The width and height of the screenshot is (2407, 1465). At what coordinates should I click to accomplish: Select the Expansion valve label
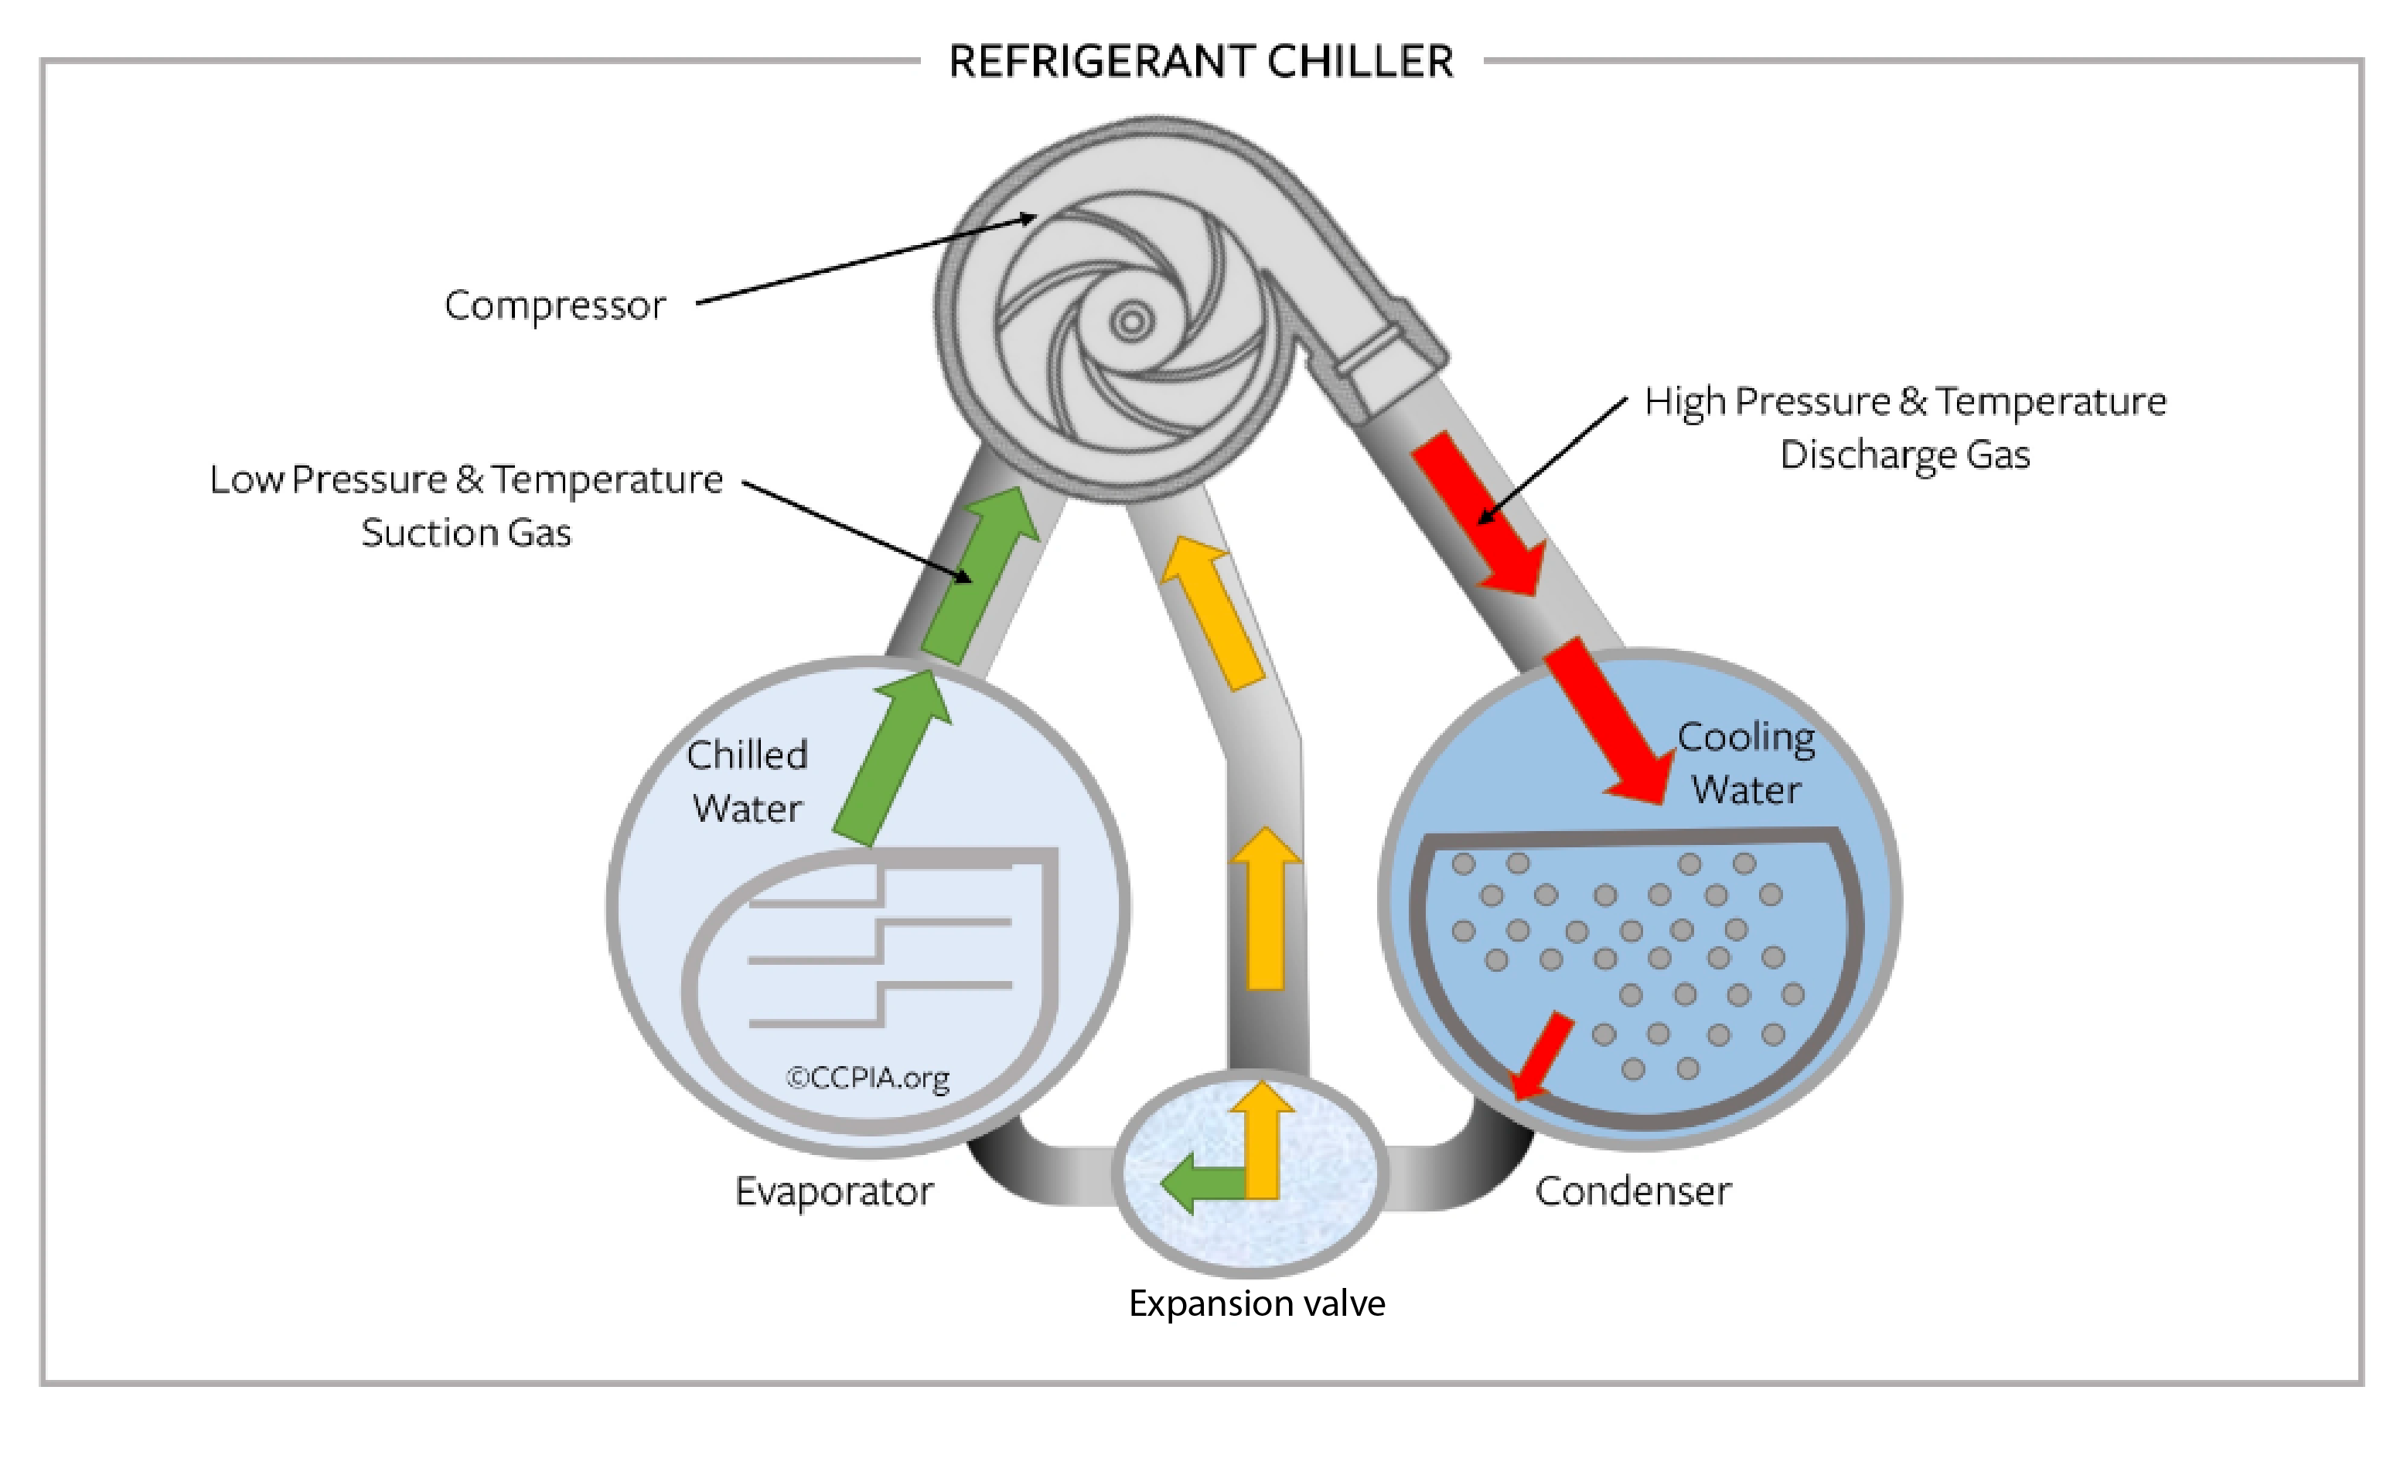click(x=1256, y=1303)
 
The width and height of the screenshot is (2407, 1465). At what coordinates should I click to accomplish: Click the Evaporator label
click(x=834, y=1191)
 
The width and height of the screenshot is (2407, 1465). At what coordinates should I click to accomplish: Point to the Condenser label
click(x=1632, y=1191)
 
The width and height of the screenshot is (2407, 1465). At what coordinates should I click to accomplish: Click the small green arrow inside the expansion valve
click(x=1197, y=1183)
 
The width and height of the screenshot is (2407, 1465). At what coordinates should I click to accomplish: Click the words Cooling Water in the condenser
click(x=1746, y=763)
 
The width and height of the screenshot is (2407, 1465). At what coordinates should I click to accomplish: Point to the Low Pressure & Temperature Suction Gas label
click(x=466, y=505)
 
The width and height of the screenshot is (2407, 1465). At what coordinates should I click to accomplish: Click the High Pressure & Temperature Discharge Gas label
click(x=1905, y=428)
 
